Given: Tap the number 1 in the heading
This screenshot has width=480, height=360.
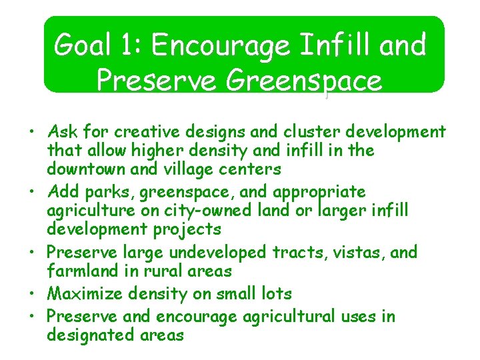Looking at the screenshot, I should (x=131, y=45).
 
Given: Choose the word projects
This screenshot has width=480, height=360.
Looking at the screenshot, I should (x=188, y=229).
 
